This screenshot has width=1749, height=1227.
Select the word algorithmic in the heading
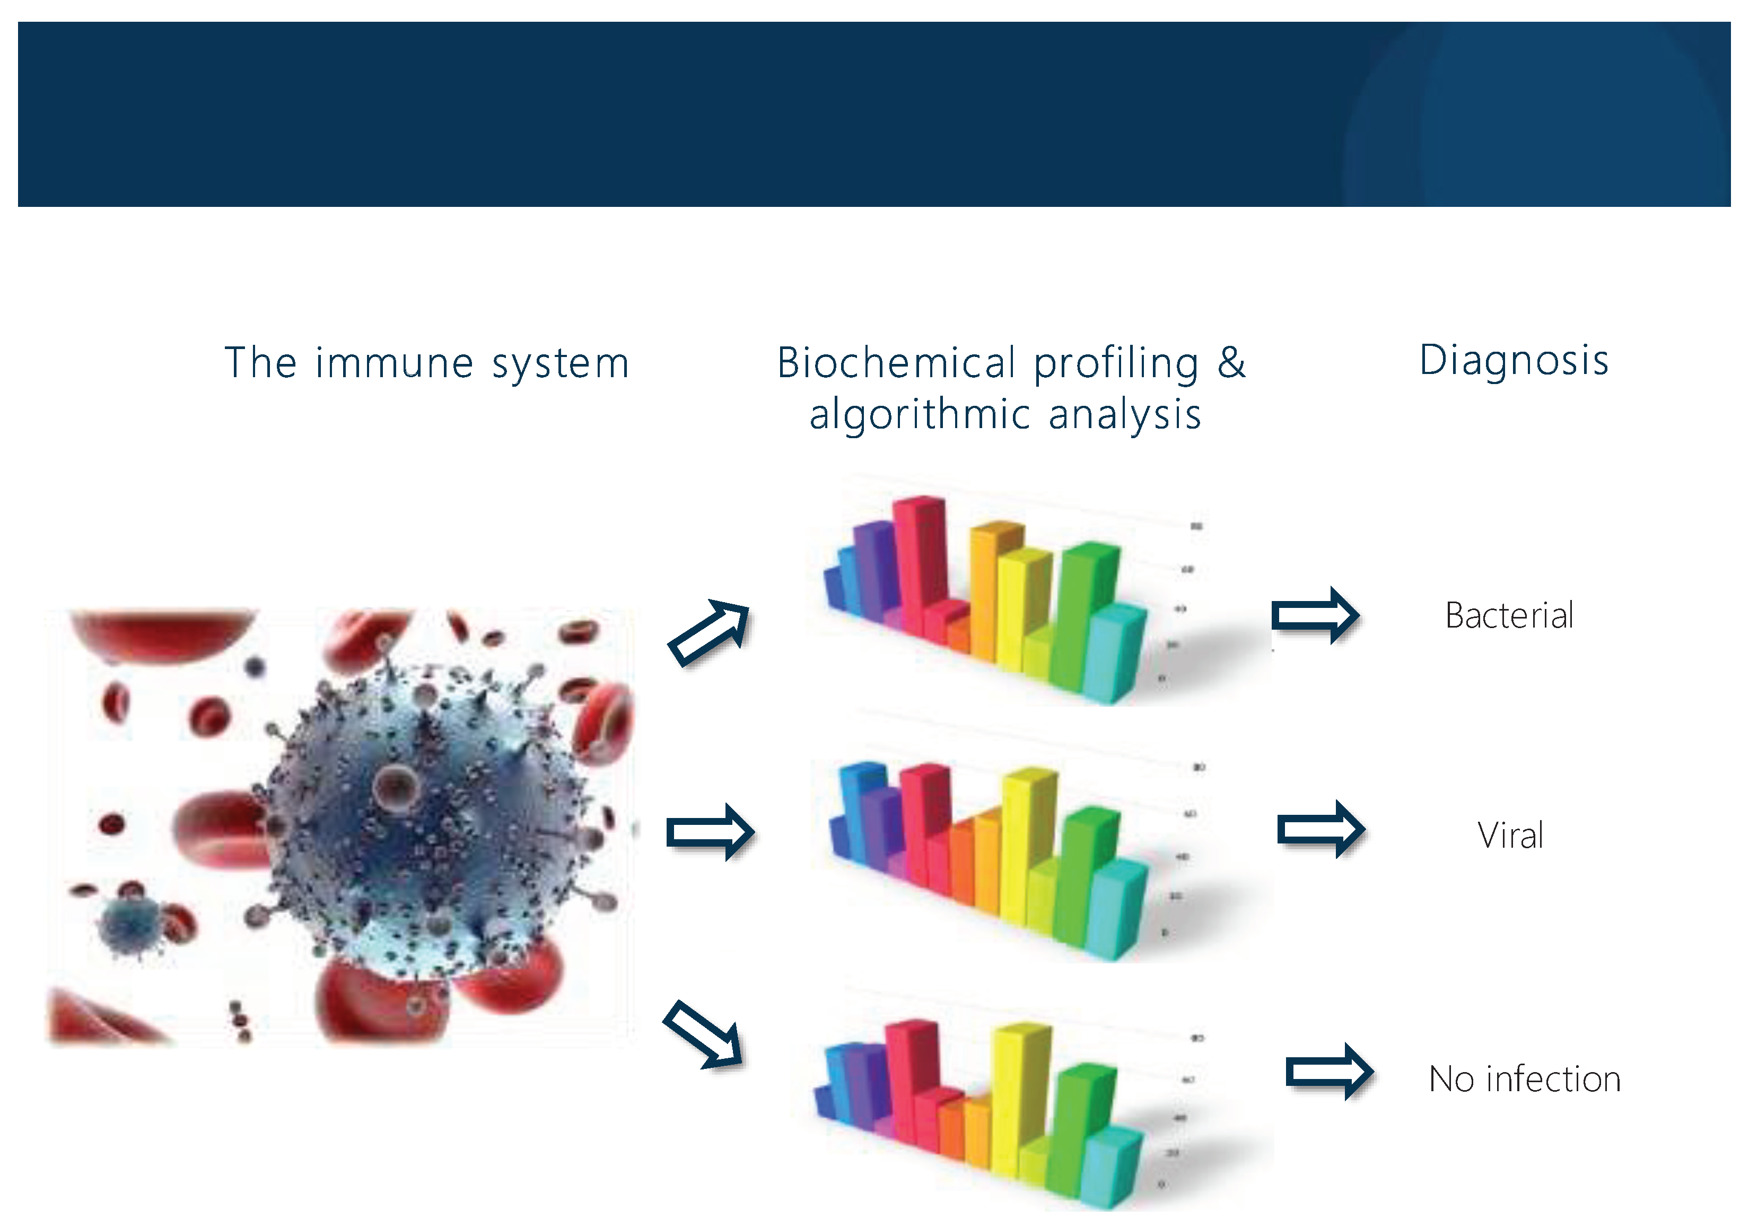pyautogui.click(x=920, y=415)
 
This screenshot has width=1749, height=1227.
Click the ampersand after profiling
pyautogui.click(x=1231, y=363)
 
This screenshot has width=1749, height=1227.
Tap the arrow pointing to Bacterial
pyautogui.click(x=1315, y=615)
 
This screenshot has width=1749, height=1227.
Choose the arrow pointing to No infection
pyautogui.click(x=1330, y=1072)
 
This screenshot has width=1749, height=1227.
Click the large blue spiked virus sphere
pyautogui.click(x=426, y=815)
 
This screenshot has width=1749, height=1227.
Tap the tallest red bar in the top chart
pyautogui.click(x=920, y=556)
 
